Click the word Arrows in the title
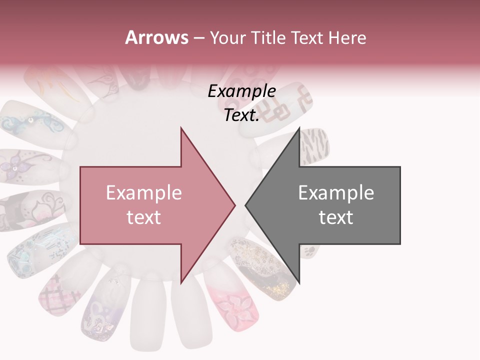157,37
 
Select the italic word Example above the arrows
241,91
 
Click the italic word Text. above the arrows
241,115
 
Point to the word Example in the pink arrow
143,193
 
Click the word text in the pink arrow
143,217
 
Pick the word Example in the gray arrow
336,193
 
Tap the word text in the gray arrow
336,217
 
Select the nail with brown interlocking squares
285,107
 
